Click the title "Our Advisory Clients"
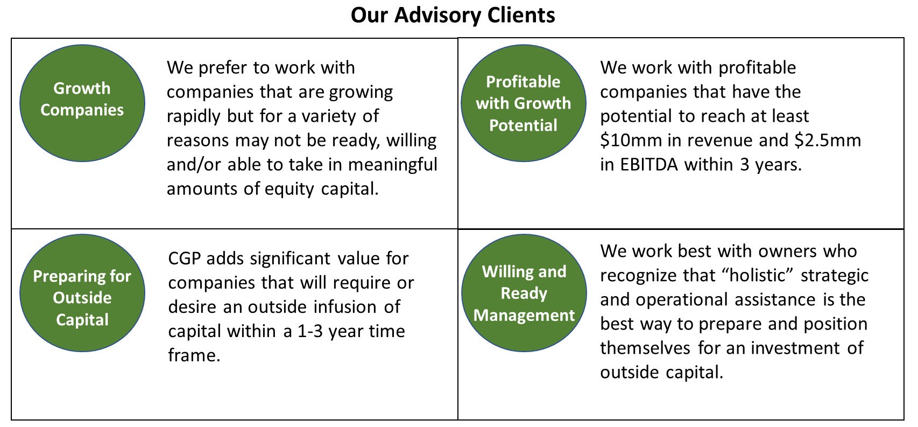click(x=453, y=16)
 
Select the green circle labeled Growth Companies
click(x=82, y=103)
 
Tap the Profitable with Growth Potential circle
click(x=524, y=103)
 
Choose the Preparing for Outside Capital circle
click(x=82, y=293)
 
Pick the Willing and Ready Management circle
click(x=524, y=293)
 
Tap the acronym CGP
click(x=184, y=259)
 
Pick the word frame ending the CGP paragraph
click(x=194, y=355)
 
